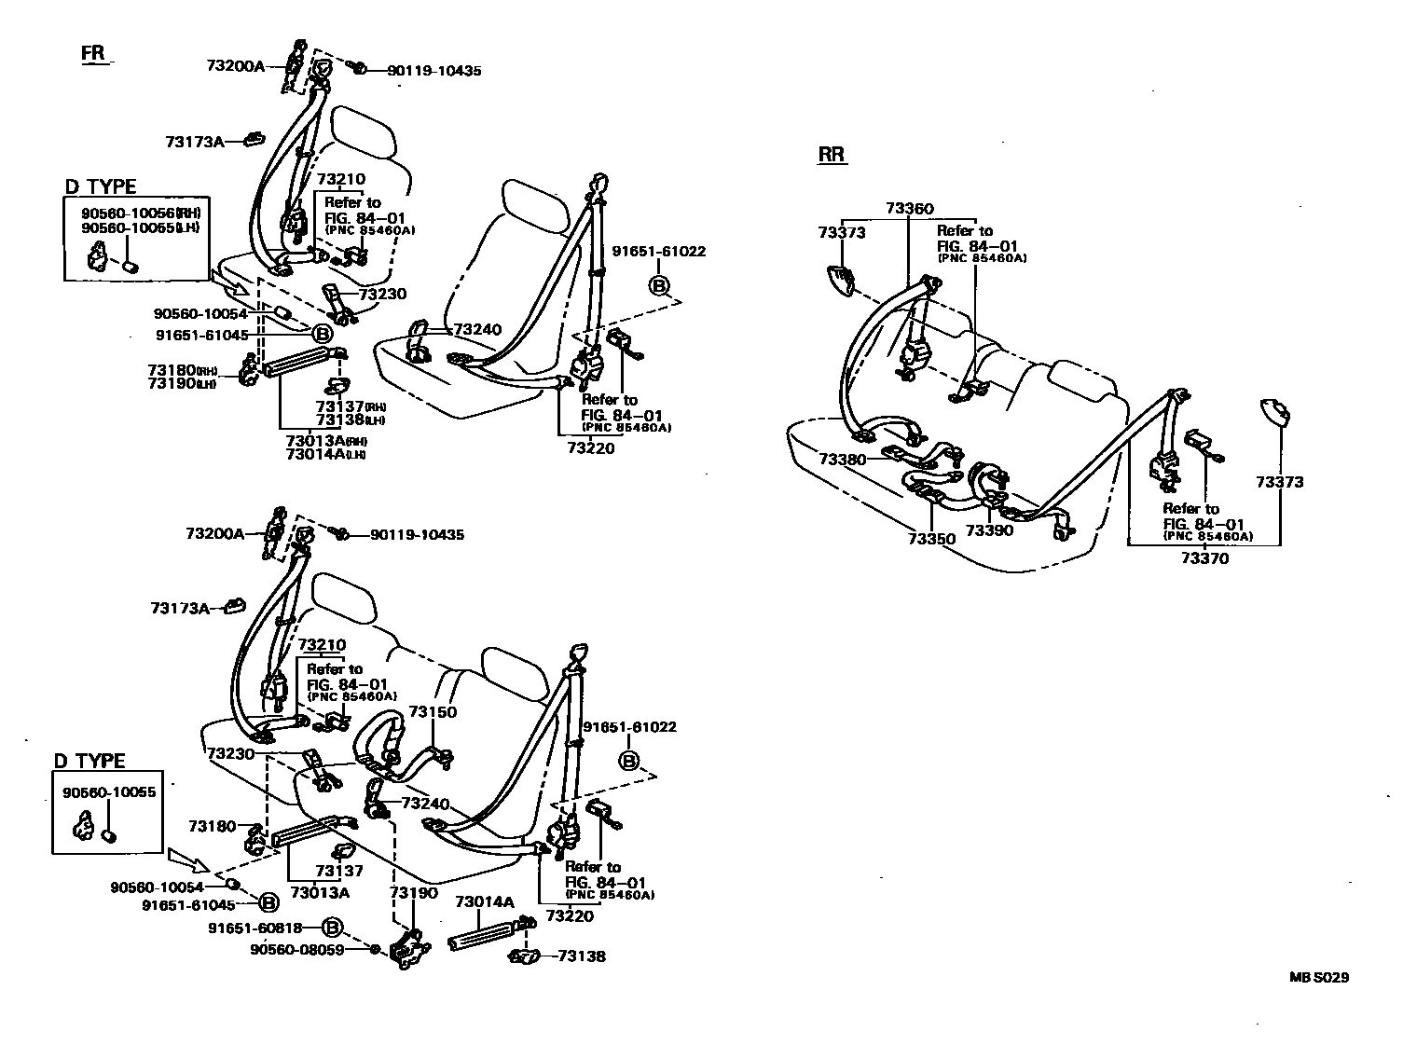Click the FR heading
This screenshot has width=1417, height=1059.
click(93, 53)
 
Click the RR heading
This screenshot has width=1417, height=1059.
click(832, 155)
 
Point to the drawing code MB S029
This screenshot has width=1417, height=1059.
click(1319, 978)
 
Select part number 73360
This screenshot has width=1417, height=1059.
click(909, 209)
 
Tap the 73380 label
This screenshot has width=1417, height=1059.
click(843, 460)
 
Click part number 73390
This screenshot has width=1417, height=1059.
click(988, 529)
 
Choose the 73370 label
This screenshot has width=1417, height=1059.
click(1204, 558)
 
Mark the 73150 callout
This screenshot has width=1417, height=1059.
click(433, 712)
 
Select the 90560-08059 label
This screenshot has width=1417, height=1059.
click(297, 949)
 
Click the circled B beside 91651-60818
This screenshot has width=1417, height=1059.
click(333, 928)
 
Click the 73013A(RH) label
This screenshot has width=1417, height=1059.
click(325, 440)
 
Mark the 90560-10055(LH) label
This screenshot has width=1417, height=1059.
click(140, 227)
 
